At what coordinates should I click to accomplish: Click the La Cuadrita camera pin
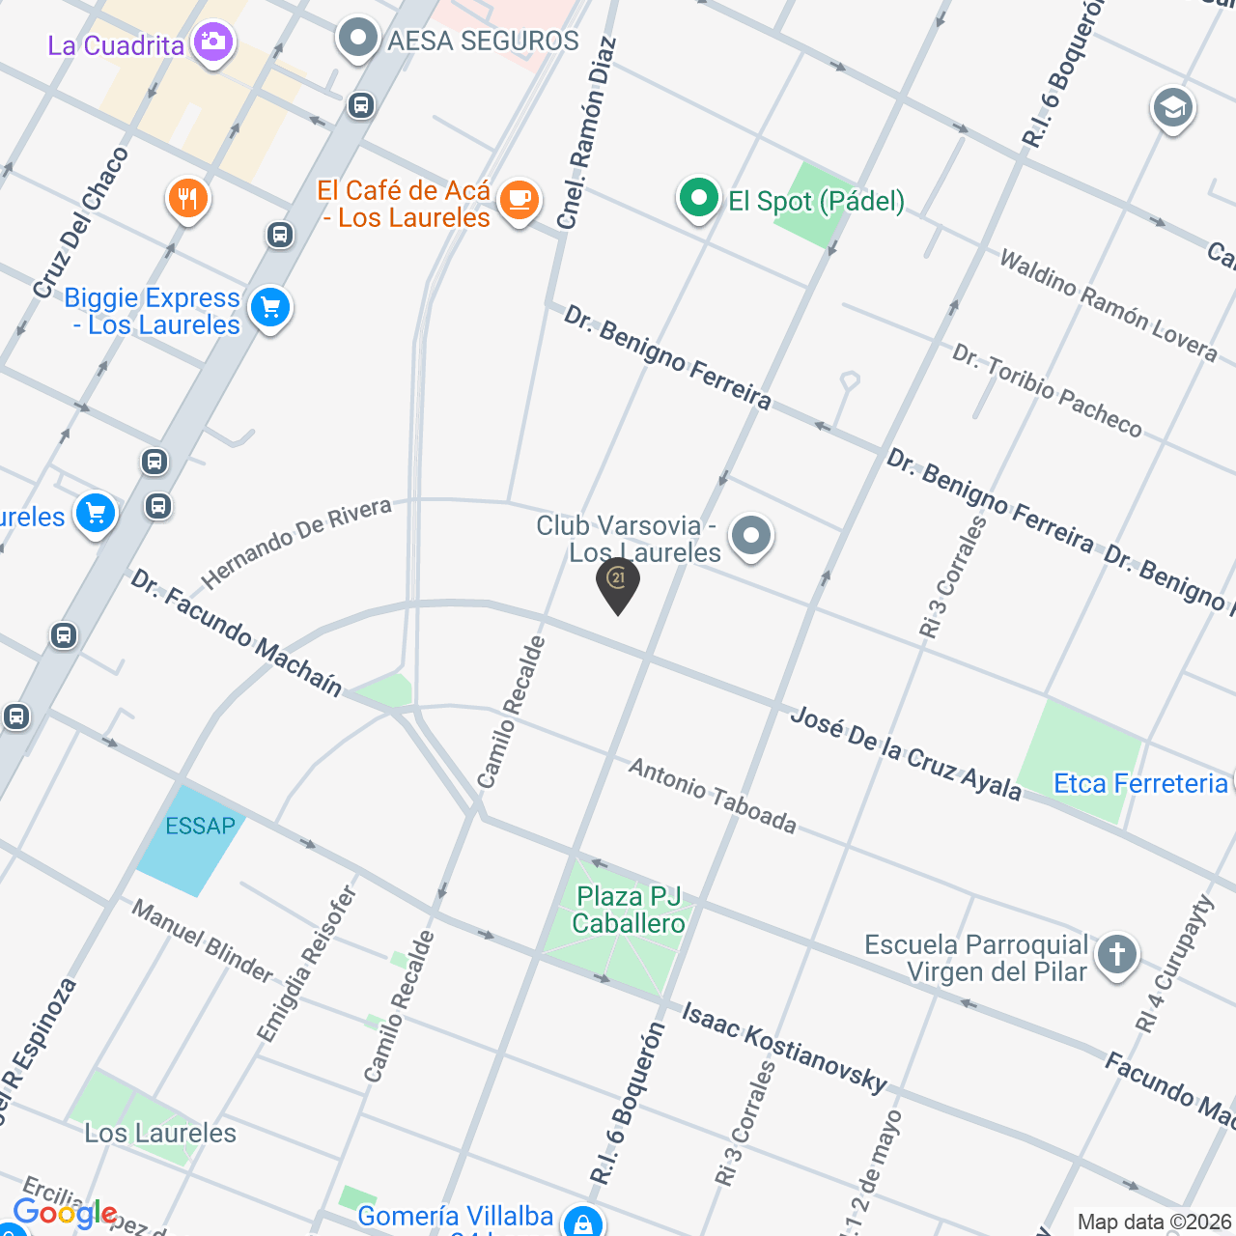(212, 42)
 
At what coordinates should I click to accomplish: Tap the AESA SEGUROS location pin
(358, 40)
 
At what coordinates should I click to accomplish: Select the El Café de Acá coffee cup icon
(520, 200)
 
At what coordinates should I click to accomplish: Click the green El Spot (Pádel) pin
(698, 199)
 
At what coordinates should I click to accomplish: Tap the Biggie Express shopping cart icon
(269, 309)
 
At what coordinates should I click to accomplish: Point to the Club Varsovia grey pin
(751, 535)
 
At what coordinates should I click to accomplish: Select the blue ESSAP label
(200, 826)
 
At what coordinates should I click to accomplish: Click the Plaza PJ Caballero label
(629, 911)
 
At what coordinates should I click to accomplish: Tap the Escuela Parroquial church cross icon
(1117, 954)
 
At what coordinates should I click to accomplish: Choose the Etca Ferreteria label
(1140, 783)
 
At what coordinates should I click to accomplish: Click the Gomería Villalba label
(455, 1216)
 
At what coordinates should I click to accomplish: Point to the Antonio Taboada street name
(713, 795)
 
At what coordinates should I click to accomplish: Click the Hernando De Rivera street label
(296, 543)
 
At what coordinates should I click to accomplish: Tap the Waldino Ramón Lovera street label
(1108, 304)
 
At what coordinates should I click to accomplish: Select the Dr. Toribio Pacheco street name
(1047, 389)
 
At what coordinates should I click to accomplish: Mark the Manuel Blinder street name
(203, 940)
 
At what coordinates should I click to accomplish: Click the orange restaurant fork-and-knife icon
(188, 199)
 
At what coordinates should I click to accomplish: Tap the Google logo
(65, 1213)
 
